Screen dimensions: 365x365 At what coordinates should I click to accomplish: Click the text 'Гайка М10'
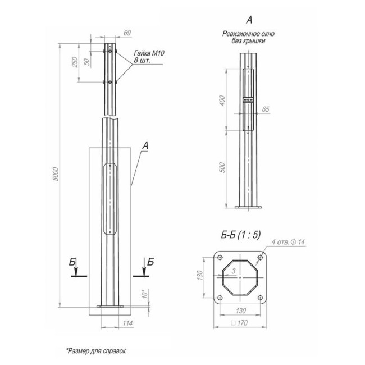148,53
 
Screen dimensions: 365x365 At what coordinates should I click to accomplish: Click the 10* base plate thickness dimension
144,294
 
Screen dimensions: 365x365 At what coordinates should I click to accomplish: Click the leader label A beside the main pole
144,146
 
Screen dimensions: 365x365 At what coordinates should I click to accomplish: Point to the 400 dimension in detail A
222,101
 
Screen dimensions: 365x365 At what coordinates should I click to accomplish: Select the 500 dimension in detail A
222,167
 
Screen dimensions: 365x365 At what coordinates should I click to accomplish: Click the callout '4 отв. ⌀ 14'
287,242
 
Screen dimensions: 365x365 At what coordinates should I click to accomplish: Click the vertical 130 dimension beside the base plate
199,276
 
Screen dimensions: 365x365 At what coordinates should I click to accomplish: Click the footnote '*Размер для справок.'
97,350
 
